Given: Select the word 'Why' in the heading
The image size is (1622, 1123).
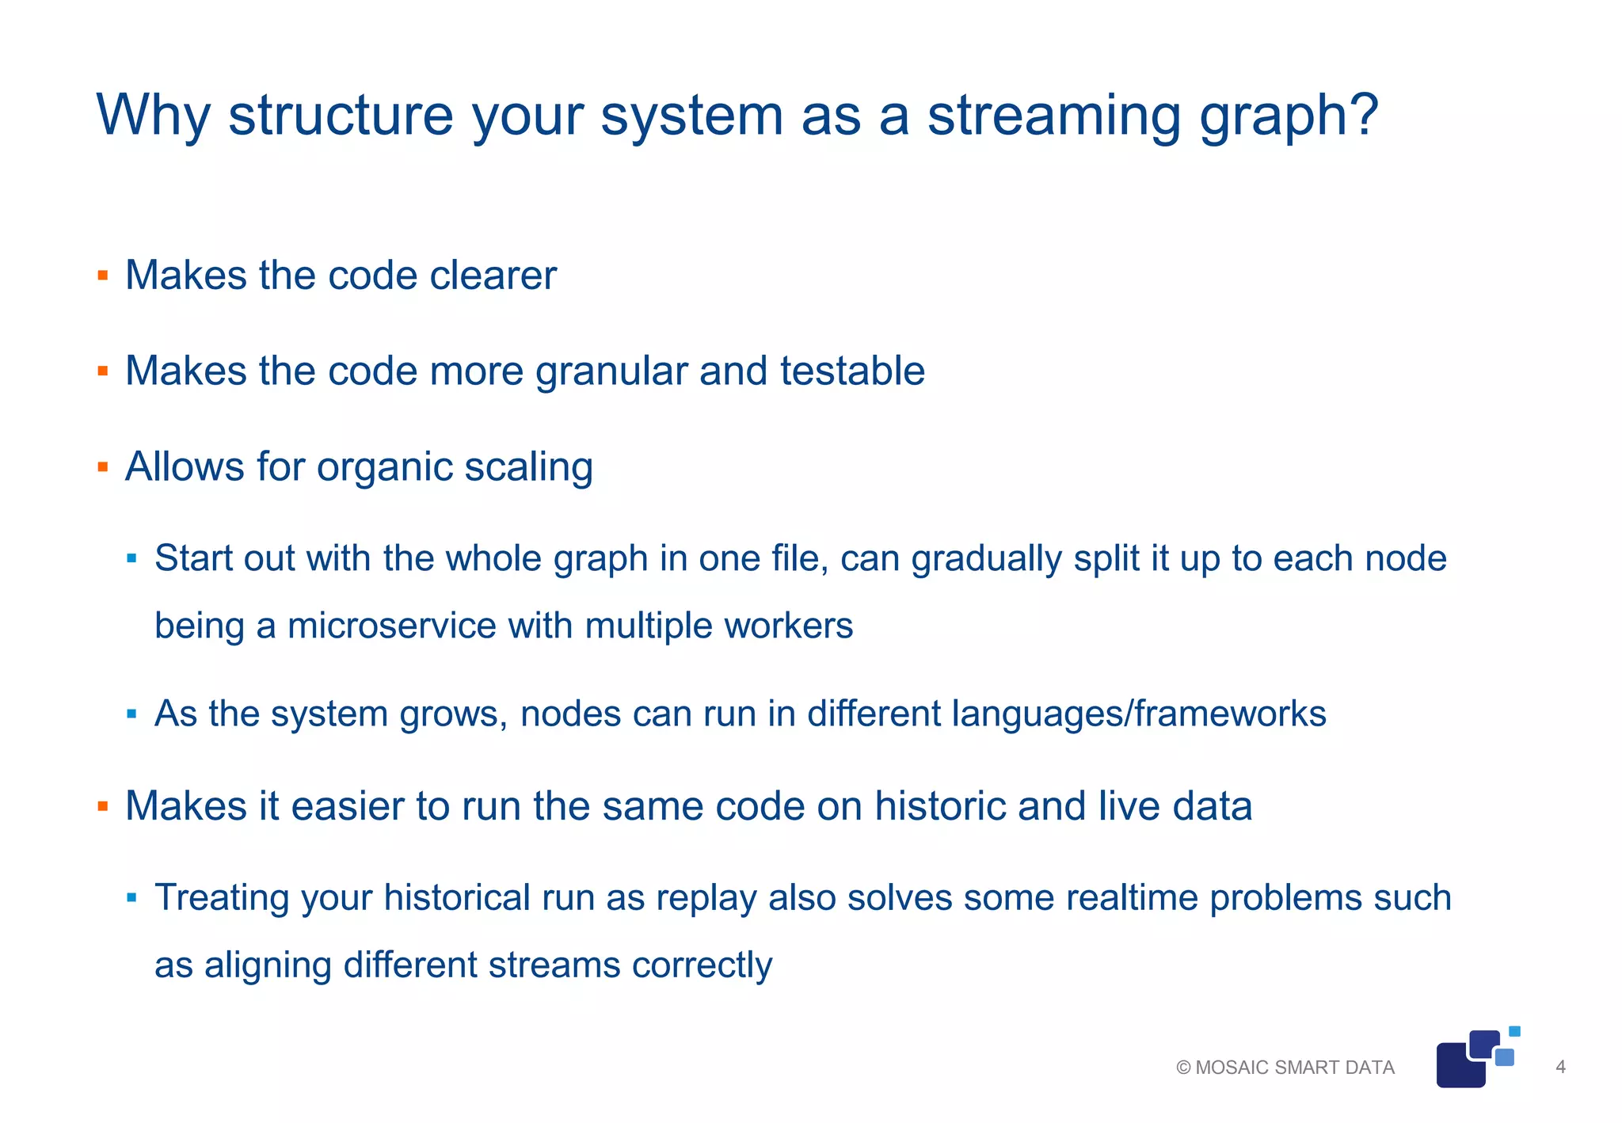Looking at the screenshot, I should pos(153,116).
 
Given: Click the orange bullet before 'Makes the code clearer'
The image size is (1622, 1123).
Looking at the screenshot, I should pos(102,276).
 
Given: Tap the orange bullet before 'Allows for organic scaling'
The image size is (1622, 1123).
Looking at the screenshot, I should pos(102,466).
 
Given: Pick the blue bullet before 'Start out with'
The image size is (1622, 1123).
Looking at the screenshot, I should pos(131,559).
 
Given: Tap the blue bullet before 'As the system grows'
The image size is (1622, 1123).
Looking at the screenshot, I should pos(131,714).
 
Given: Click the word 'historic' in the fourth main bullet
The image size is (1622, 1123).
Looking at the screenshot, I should pos(939,806).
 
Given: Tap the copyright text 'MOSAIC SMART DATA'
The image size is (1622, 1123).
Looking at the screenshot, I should pos(1294,1068).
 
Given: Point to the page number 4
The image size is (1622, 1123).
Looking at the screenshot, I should pos(1560,1067).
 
